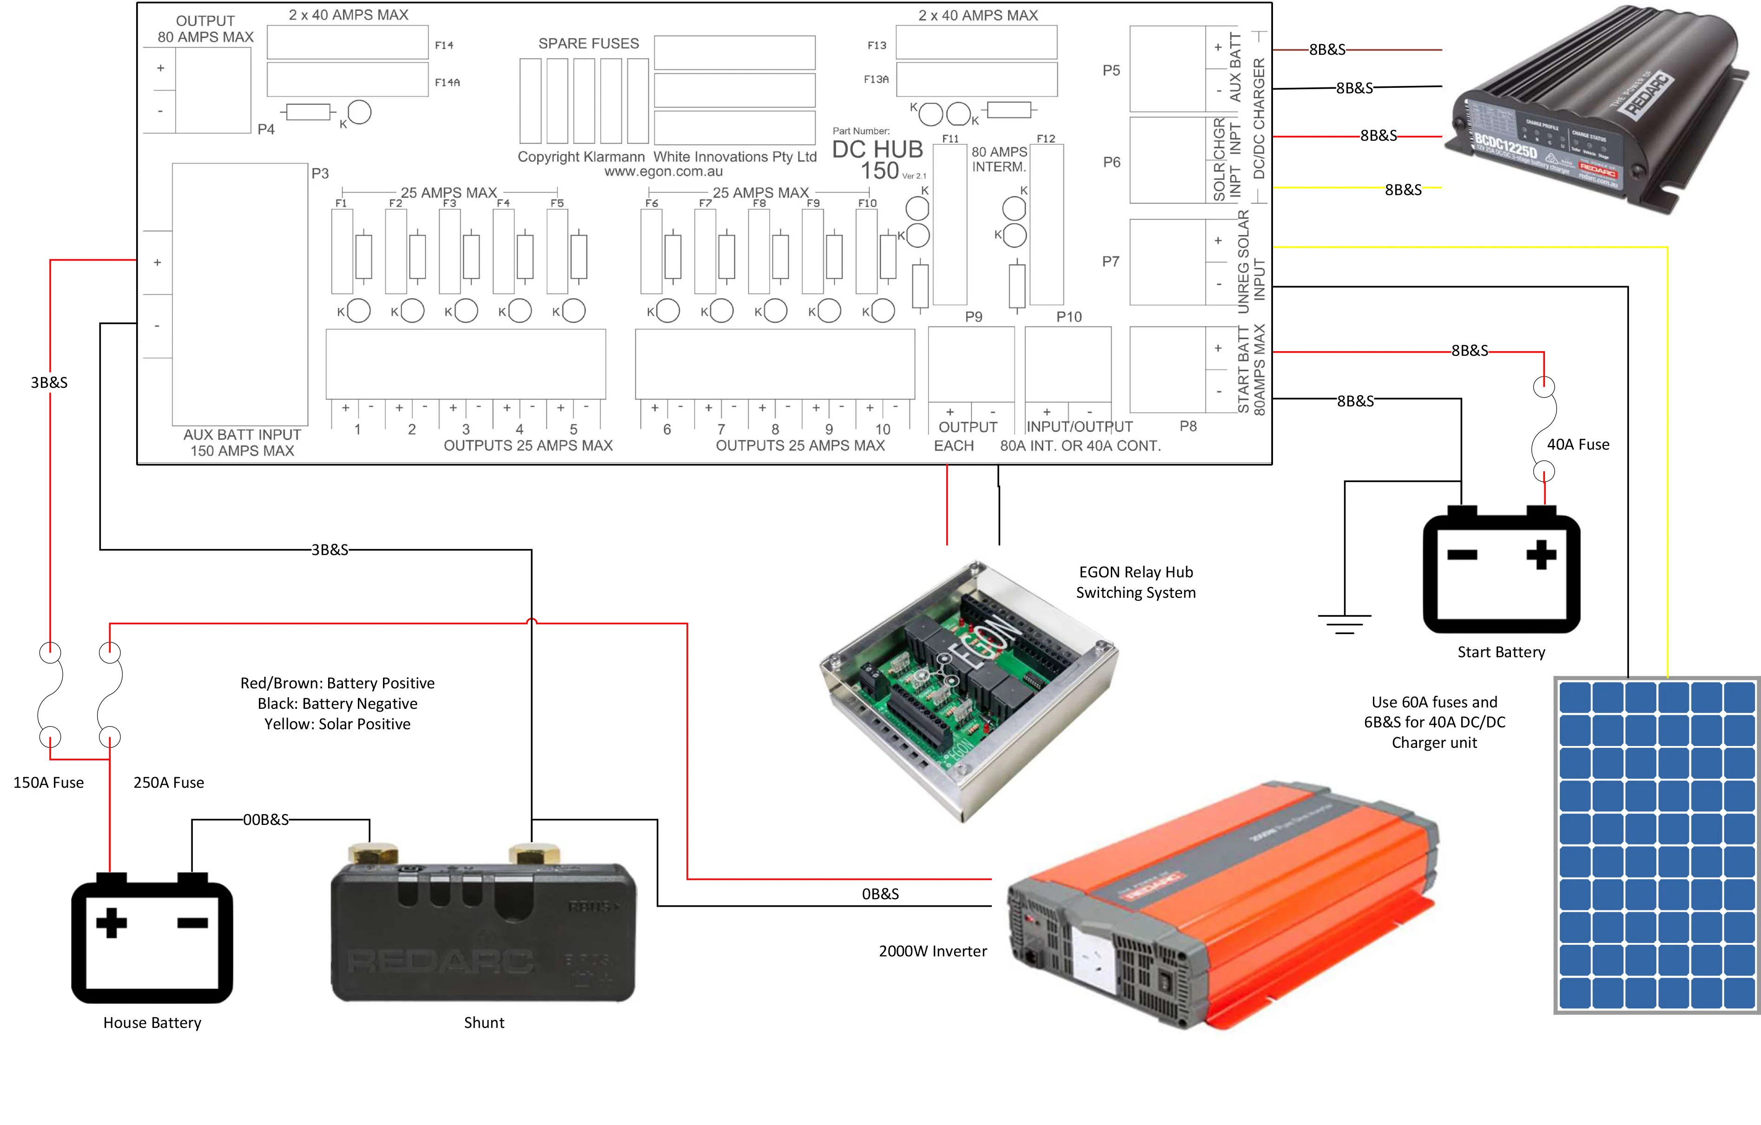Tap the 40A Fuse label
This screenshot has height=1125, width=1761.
click(x=1577, y=445)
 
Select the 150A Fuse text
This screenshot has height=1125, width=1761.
click(x=48, y=782)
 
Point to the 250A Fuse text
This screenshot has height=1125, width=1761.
click(x=168, y=782)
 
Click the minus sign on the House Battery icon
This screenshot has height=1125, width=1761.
click(x=192, y=922)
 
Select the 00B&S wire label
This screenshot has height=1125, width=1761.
click(x=265, y=819)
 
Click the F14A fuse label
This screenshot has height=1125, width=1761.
click(x=447, y=83)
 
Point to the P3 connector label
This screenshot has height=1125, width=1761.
click(x=320, y=173)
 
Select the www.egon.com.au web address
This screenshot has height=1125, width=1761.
click(x=663, y=172)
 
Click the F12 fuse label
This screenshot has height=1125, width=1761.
click(x=1046, y=138)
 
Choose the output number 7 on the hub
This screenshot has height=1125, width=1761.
click(x=721, y=429)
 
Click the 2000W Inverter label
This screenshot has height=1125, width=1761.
click(x=932, y=951)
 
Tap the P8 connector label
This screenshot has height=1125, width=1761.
click(x=1187, y=425)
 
